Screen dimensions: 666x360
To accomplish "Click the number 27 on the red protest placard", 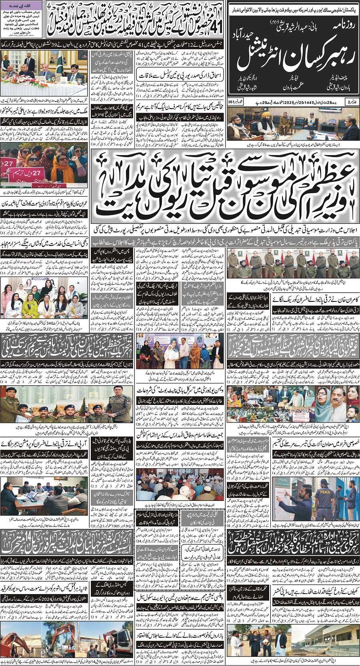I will click(8, 164).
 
